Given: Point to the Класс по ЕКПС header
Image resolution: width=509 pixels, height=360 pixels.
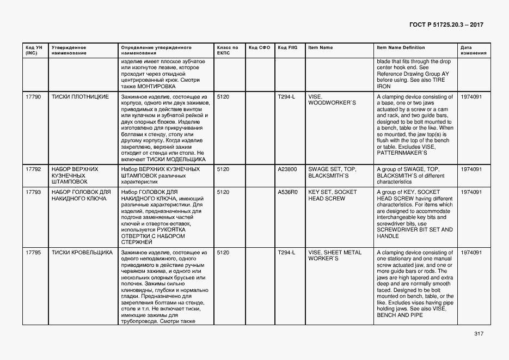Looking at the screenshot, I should point(228,50).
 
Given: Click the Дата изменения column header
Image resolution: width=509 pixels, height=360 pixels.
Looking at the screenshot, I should point(471,50).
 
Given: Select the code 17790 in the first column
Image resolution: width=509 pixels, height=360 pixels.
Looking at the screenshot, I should point(33,97).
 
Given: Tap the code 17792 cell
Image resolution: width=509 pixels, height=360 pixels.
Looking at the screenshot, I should point(33,169).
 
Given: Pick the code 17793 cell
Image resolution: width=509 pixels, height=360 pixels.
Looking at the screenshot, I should point(33,192).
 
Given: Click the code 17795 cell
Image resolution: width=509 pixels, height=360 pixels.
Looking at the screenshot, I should point(33,253).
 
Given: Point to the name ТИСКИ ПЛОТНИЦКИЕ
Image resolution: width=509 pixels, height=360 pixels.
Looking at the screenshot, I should point(80,97).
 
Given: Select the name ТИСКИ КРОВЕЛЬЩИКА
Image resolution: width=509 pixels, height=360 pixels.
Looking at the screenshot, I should point(82,253).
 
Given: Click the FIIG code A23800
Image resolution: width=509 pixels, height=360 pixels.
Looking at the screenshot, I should point(287,169).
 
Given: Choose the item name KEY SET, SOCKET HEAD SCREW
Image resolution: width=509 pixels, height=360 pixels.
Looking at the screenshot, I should point(333,195).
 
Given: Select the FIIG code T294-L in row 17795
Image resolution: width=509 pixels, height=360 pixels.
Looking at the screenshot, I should point(286,253).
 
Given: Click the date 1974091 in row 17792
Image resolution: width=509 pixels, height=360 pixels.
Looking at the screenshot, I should point(471,169).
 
